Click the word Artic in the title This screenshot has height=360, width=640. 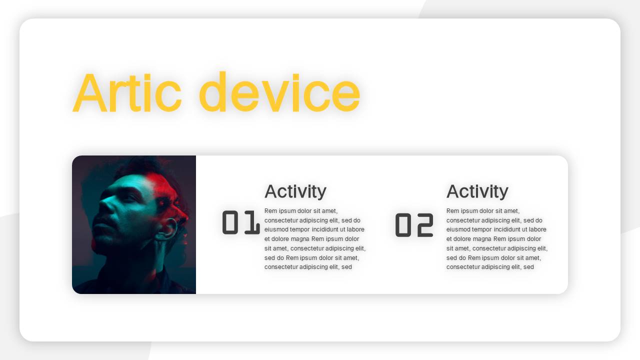127,92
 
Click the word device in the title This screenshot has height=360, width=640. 279,91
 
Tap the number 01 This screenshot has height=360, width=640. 241,222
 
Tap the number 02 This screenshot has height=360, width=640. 414,225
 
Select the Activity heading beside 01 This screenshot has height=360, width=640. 295,191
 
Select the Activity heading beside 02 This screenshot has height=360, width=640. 477,191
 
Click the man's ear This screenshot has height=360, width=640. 168,228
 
